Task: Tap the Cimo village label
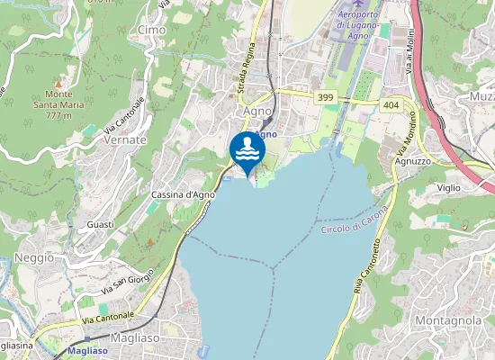pos(152,30)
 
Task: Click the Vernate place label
pos(125,140)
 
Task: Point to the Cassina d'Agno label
pos(183,194)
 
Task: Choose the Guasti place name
pos(100,223)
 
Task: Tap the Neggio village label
pos(34,257)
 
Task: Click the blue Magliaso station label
pos(88,351)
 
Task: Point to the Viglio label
pos(449,187)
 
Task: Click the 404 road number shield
pos(390,105)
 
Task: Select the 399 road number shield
pos(326,95)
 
